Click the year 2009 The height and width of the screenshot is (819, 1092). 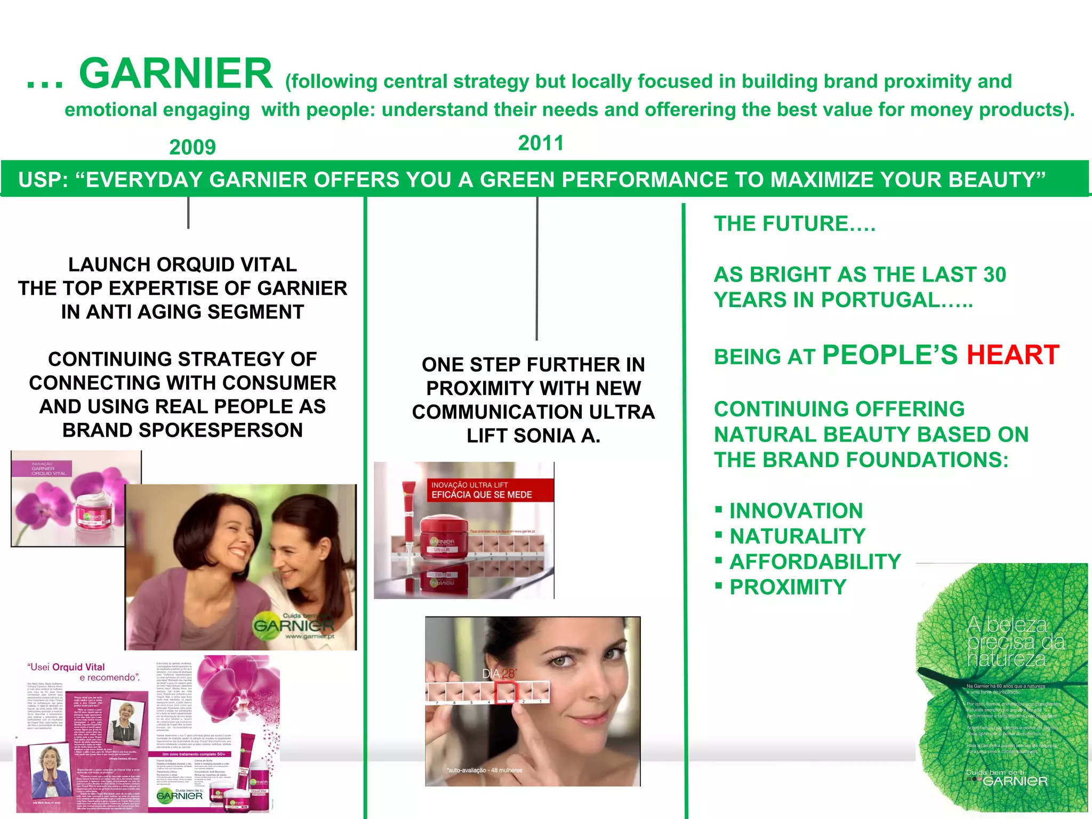192,147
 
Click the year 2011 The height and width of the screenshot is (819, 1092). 541,143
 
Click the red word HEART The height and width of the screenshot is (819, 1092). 1013,355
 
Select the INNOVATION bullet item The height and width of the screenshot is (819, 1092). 796,511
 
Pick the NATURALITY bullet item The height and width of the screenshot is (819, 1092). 797,536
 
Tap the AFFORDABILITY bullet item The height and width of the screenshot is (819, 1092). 815,562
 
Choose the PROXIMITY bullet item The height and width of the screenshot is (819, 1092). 788,587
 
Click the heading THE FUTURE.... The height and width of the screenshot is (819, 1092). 794,224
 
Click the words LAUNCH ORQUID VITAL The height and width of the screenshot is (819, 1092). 182,264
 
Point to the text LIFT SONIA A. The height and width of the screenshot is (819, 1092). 533,436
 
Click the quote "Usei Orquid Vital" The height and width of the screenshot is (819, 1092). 66,667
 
